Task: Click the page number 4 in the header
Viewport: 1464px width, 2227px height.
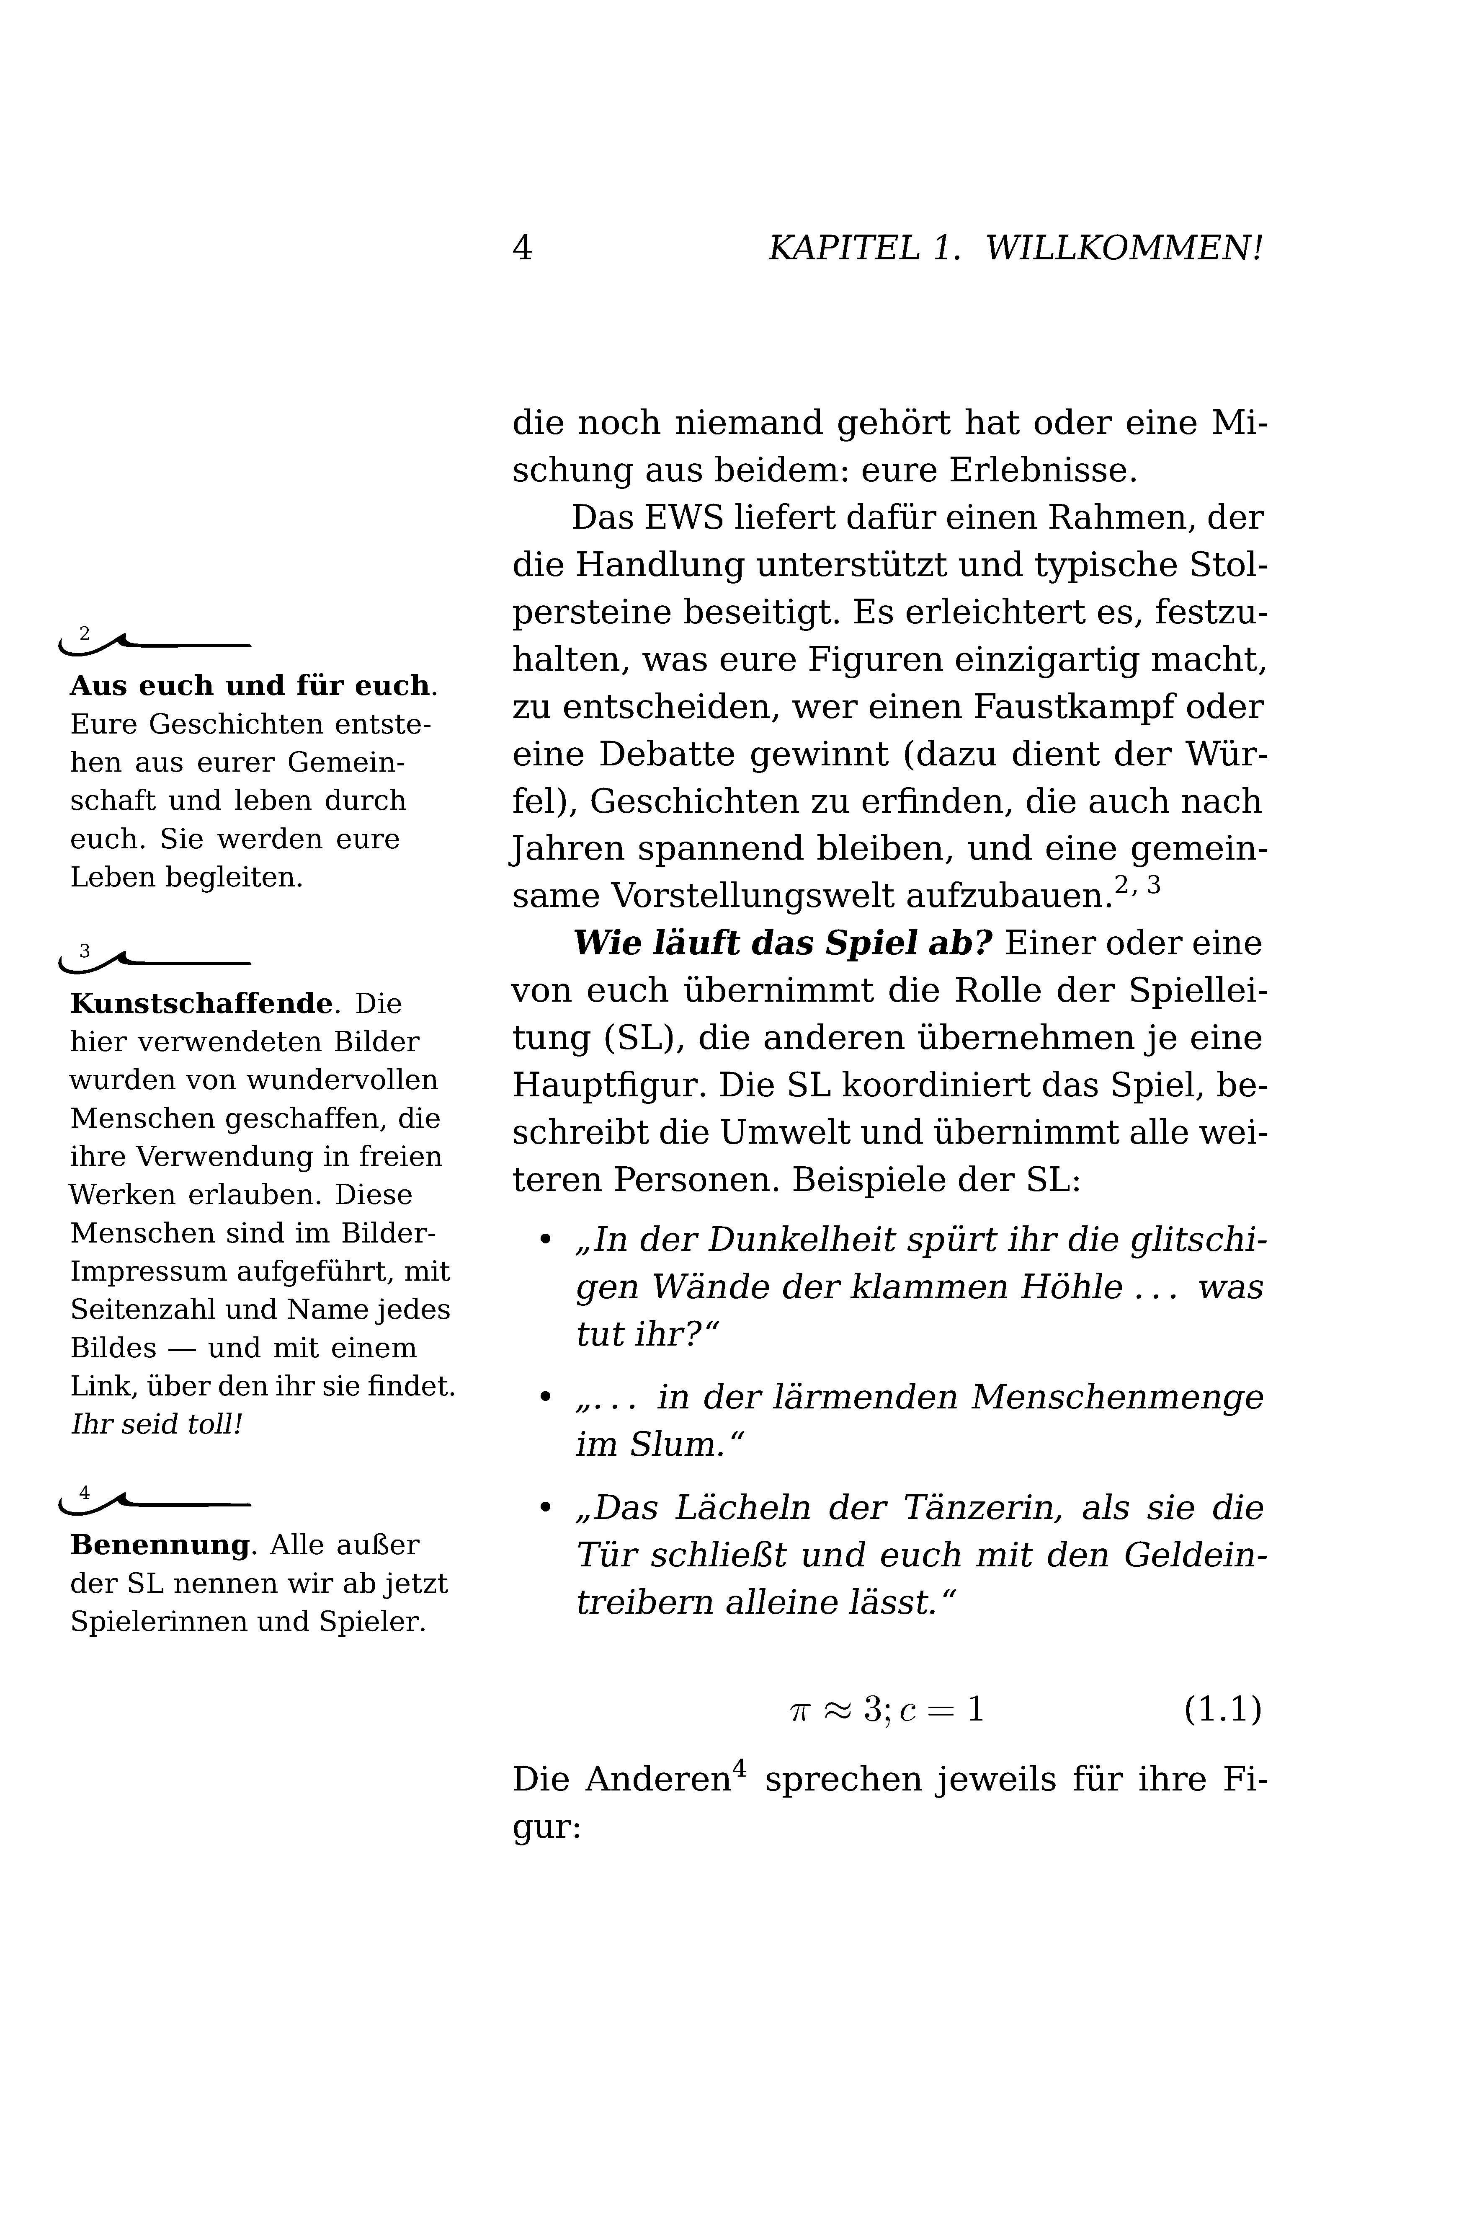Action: coord(522,248)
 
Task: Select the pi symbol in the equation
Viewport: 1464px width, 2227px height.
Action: coord(799,1711)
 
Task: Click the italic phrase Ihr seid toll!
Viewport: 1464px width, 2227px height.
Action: coord(156,1425)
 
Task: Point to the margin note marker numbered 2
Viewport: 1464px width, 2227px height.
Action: coord(85,634)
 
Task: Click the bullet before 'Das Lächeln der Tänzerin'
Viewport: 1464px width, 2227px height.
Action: coord(545,1509)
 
